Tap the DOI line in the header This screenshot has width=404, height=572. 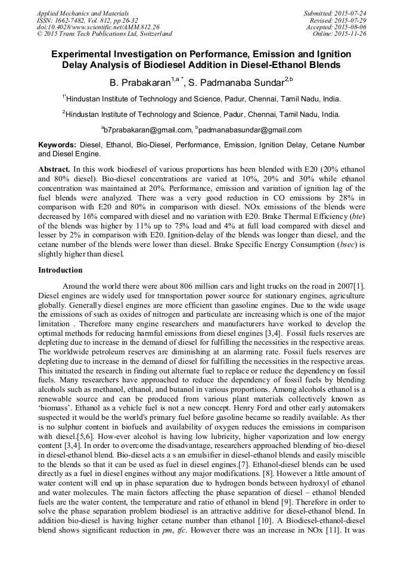(98, 27)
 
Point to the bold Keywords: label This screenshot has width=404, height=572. (57, 145)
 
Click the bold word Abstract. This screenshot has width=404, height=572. (54, 169)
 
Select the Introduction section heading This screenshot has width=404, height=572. (60, 270)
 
